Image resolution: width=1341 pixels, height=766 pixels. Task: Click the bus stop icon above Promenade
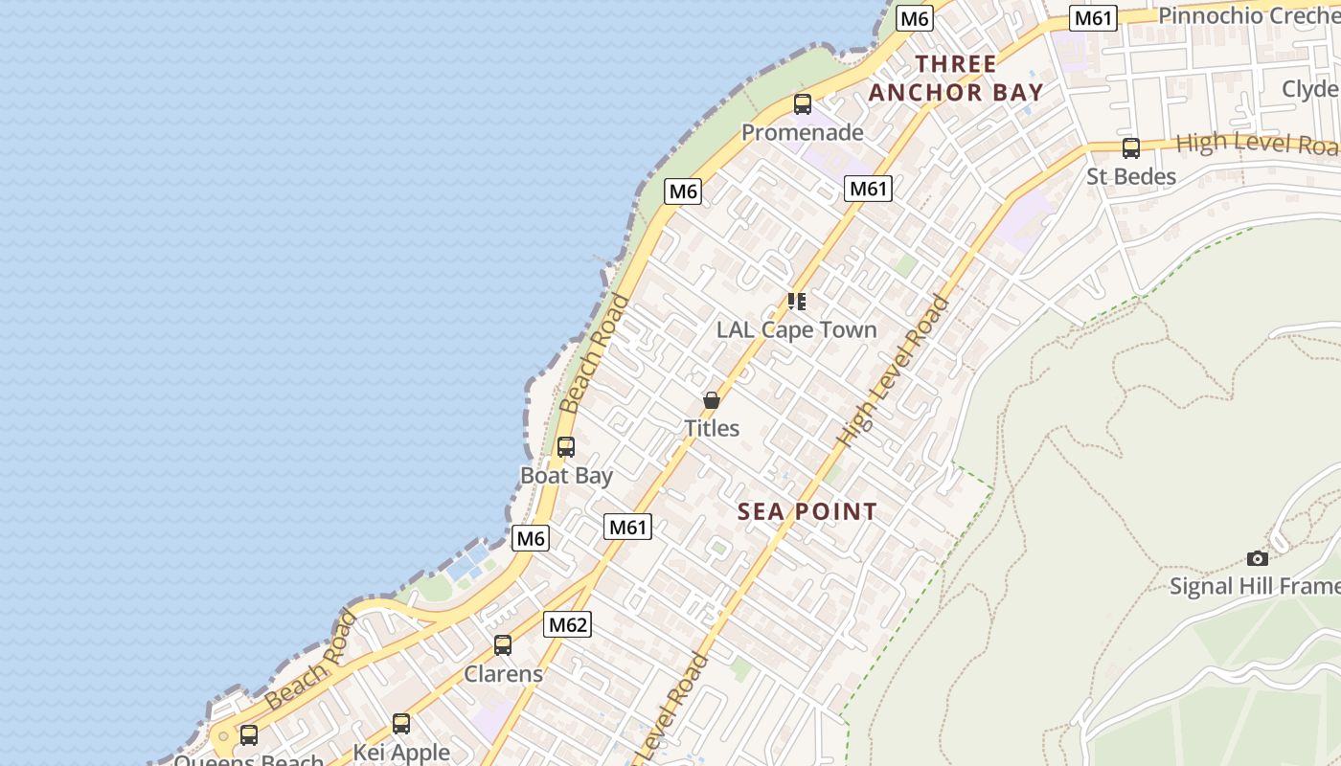tap(803, 104)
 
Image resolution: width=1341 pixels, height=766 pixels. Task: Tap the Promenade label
tap(803, 132)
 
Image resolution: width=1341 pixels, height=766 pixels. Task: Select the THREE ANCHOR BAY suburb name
tap(955, 79)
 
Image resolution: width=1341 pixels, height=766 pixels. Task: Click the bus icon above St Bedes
tap(1131, 148)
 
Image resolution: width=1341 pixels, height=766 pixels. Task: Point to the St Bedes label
tap(1131, 176)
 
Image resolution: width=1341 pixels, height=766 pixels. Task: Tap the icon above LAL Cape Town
tap(796, 302)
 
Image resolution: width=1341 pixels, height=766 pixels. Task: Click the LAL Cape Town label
tap(796, 329)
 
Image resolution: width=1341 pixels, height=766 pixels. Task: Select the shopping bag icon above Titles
tap(712, 400)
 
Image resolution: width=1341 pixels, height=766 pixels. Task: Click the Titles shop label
tap(712, 428)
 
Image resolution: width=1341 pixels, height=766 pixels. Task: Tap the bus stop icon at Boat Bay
tap(566, 447)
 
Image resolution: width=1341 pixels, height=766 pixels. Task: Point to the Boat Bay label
tap(566, 475)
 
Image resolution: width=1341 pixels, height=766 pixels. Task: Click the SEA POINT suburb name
tap(807, 511)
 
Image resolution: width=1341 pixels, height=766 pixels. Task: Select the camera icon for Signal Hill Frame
tap(1258, 558)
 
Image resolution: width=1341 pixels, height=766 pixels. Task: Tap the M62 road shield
tap(568, 625)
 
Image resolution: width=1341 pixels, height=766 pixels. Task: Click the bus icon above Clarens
tap(503, 645)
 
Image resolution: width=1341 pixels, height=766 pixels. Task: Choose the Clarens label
tap(503, 673)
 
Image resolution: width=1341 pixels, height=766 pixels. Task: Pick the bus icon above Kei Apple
tap(401, 724)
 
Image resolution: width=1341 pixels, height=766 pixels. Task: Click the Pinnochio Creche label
tap(1249, 15)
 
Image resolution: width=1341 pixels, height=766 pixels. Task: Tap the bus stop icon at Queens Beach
tap(249, 735)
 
